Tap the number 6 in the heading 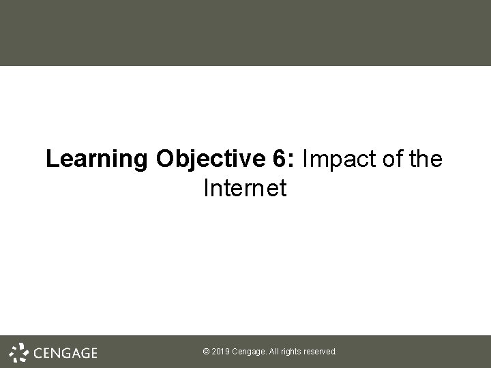click(280, 160)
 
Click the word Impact click(333, 160)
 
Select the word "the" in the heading click(424, 160)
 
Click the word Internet click(245, 189)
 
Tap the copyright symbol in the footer click(207, 352)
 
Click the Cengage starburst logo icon click(19, 352)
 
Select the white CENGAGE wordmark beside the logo click(65, 352)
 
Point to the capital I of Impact click(305, 160)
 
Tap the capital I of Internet click(207, 189)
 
